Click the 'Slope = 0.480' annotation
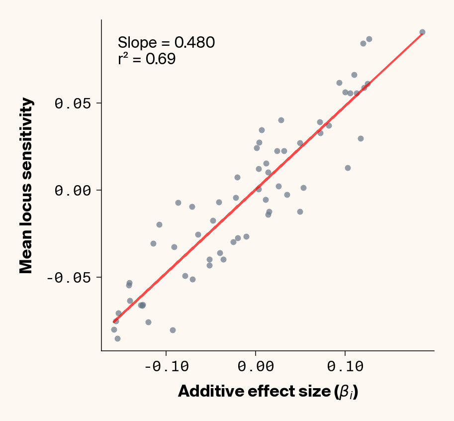coord(166,43)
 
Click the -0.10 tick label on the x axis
coord(166,367)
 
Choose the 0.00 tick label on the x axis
coord(255,367)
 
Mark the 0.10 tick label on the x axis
coord(345,367)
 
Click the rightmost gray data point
coord(422,32)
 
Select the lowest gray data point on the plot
coord(117,338)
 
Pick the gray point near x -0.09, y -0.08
coord(173,330)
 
